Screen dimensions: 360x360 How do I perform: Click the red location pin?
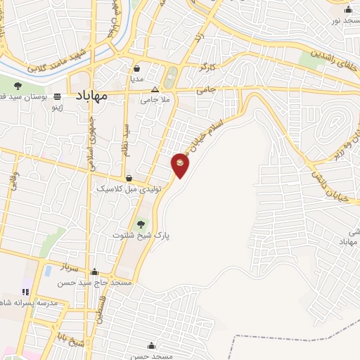pos(180,165)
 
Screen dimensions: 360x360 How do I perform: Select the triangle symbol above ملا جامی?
pos(155,90)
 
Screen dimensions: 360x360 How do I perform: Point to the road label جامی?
pos(205,90)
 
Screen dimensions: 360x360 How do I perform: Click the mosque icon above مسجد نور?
pos(347,9)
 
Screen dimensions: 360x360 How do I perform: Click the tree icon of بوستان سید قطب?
pos(18,85)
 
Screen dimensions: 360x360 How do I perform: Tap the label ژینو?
pos(54,109)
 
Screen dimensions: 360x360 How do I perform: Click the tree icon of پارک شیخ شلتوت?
pos(143,224)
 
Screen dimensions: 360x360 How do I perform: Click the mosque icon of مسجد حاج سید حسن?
pos(95,271)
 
